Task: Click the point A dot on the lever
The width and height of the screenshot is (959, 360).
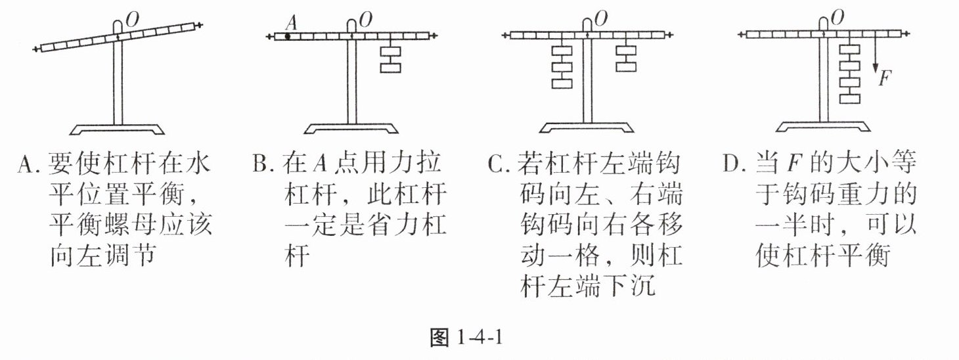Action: point(288,36)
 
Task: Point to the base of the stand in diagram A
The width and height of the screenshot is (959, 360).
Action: point(118,128)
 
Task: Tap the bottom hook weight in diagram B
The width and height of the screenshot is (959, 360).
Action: point(391,68)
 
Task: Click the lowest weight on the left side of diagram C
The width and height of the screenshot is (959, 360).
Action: point(563,84)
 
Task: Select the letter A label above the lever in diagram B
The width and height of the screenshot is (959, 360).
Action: point(293,22)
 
